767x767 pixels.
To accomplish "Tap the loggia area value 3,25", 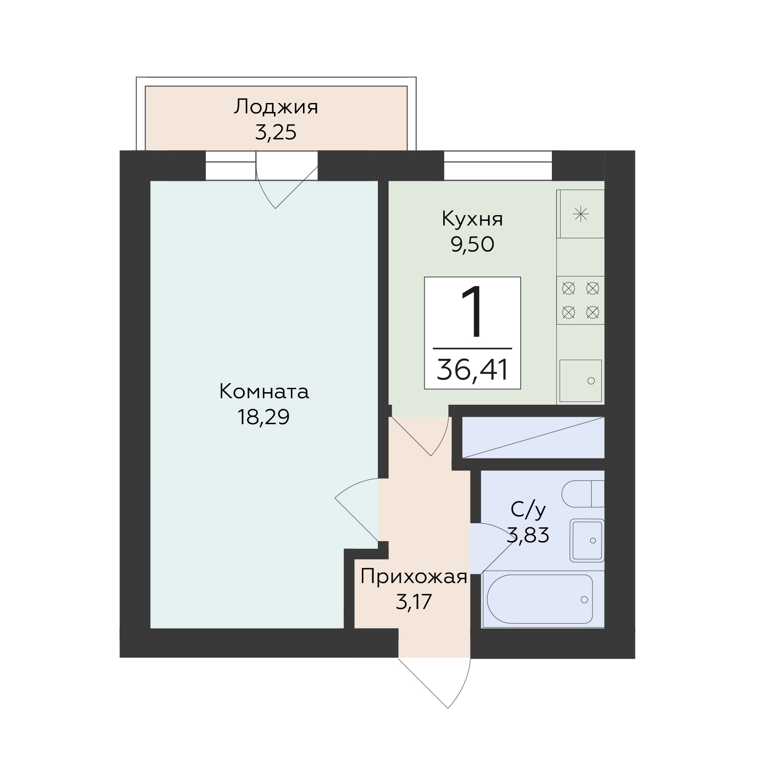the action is point(276,132).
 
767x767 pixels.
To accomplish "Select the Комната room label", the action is point(264,392).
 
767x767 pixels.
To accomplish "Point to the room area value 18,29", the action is point(263,417).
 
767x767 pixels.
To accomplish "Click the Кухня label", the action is point(472,219).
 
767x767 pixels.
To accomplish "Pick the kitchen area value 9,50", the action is point(472,245).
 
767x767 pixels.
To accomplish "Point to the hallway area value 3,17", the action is point(414,602).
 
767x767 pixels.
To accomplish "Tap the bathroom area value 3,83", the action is point(528,535).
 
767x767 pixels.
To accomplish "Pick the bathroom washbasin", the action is point(587,540).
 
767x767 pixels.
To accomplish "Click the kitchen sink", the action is point(580,381).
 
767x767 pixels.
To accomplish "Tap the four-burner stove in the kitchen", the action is point(580,300).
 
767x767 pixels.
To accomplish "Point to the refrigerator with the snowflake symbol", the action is point(580,214).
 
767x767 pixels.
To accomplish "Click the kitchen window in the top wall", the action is point(498,165).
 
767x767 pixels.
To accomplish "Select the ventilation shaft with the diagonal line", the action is point(533,437).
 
